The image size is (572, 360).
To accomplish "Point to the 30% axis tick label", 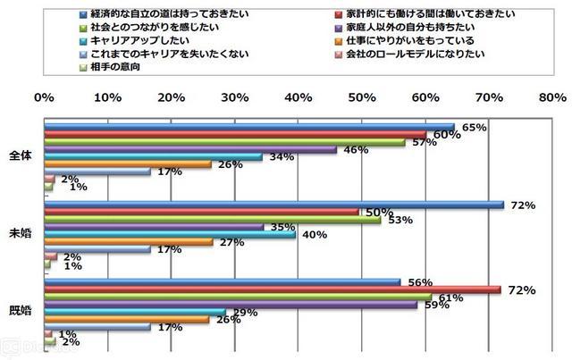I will (x=234, y=96).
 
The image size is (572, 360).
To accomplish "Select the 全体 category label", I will (x=20, y=155).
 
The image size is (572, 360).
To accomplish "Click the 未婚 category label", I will (x=20, y=232).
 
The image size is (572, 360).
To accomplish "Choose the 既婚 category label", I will (x=20, y=310).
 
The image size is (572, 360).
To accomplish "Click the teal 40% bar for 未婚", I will (x=170, y=236).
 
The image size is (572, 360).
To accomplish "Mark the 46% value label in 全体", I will (x=356, y=149).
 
